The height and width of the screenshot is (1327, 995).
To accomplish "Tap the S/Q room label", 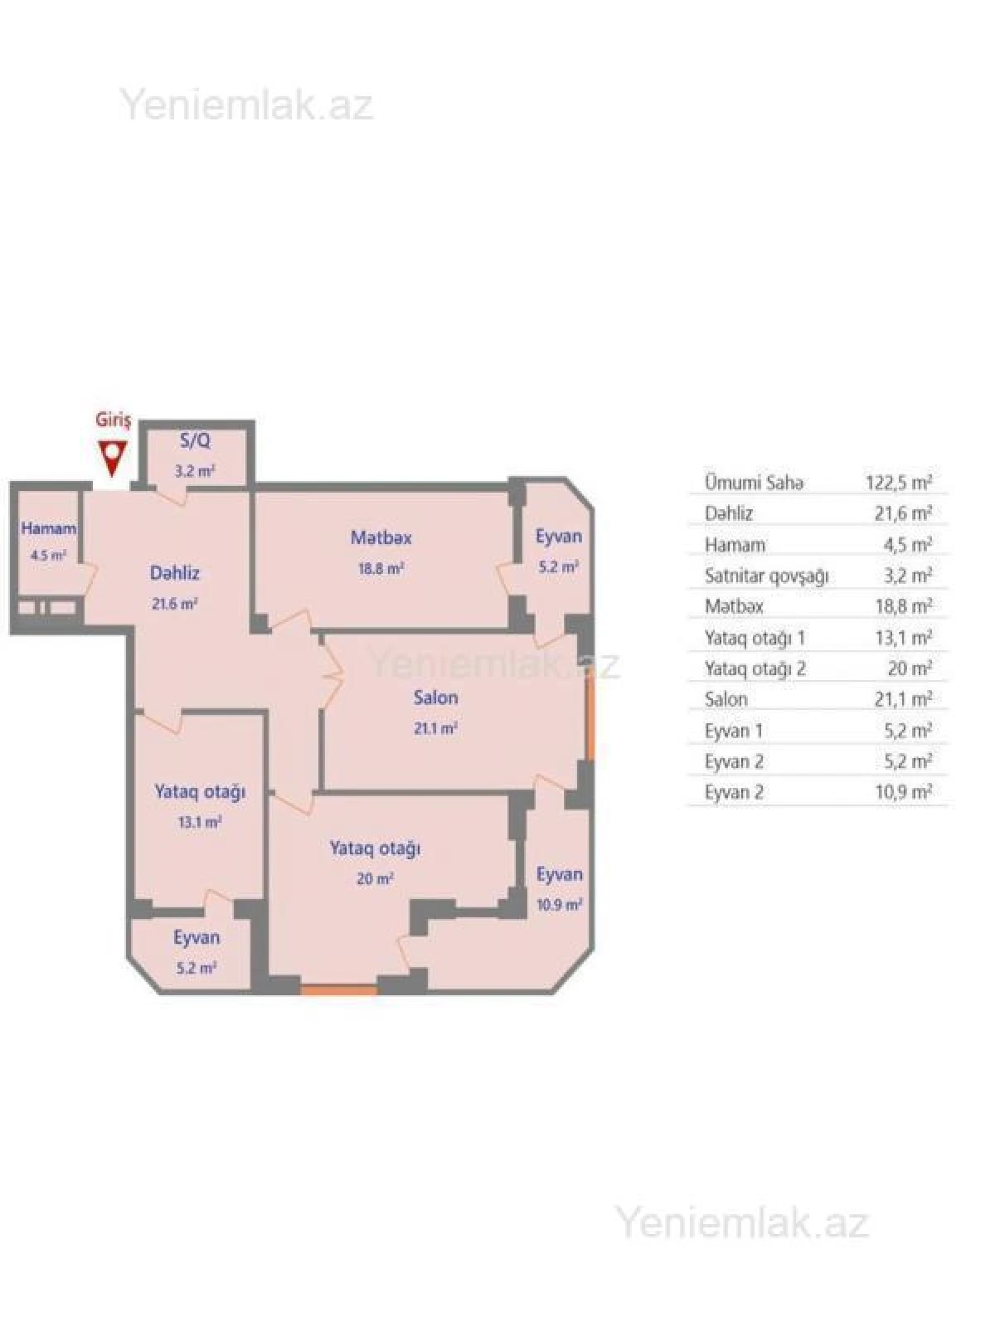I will [x=196, y=441].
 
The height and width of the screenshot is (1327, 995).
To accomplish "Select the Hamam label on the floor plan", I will [x=49, y=528].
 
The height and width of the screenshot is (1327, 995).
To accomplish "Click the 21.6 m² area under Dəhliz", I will [x=174, y=604].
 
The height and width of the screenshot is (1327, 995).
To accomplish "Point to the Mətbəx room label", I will [x=381, y=537].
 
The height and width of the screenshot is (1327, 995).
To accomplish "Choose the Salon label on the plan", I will [x=435, y=698].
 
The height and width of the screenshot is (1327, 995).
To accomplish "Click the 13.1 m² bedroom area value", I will [x=199, y=823].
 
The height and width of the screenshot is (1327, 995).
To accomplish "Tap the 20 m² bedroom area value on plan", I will [x=375, y=879].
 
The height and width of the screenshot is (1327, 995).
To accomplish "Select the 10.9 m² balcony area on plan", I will [x=559, y=905].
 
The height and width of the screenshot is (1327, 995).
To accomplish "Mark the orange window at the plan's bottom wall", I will [x=338, y=989].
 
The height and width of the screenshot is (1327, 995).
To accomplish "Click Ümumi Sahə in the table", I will [x=753, y=483].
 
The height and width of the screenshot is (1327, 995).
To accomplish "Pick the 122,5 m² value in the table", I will [x=903, y=483].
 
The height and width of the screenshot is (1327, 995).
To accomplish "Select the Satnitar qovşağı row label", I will [x=766, y=576].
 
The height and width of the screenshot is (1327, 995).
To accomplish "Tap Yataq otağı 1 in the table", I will [x=755, y=638].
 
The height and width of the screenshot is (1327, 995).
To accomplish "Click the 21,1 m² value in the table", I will [x=903, y=699].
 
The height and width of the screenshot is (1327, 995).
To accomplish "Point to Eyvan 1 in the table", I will [x=733, y=731].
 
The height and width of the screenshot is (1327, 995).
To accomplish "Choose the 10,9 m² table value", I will [x=903, y=792].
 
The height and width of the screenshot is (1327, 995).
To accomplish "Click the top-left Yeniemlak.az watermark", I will [x=246, y=106].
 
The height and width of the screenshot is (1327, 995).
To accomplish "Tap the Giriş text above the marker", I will [x=113, y=420].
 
